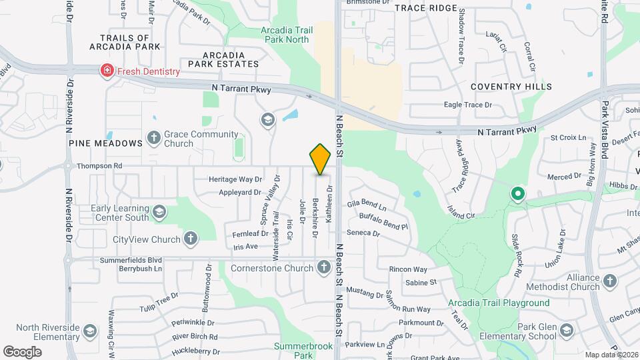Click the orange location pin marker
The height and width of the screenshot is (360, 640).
coord(320,159)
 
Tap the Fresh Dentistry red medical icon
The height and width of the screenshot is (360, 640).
coord(106,71)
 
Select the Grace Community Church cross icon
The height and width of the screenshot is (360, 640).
coord(153,138)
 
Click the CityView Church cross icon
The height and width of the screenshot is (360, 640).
coord(191,239)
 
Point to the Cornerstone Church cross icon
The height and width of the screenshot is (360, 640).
coord(324,268)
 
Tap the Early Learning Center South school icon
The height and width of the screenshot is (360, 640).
coord(159,212)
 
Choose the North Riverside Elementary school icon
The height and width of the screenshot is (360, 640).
coord(90,331)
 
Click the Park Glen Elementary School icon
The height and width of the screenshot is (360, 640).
coord(566,331)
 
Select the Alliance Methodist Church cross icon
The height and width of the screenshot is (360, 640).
coord(609,282)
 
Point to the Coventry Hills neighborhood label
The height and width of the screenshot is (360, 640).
coord(511,87)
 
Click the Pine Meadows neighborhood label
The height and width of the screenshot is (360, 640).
coord(105,143)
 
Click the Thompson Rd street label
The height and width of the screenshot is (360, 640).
coord(99,166)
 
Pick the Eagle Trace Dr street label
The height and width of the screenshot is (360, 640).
coord(468,105)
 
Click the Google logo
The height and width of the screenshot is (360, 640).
coord(23,351)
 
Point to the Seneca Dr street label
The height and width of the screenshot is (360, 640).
coord(363,234)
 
